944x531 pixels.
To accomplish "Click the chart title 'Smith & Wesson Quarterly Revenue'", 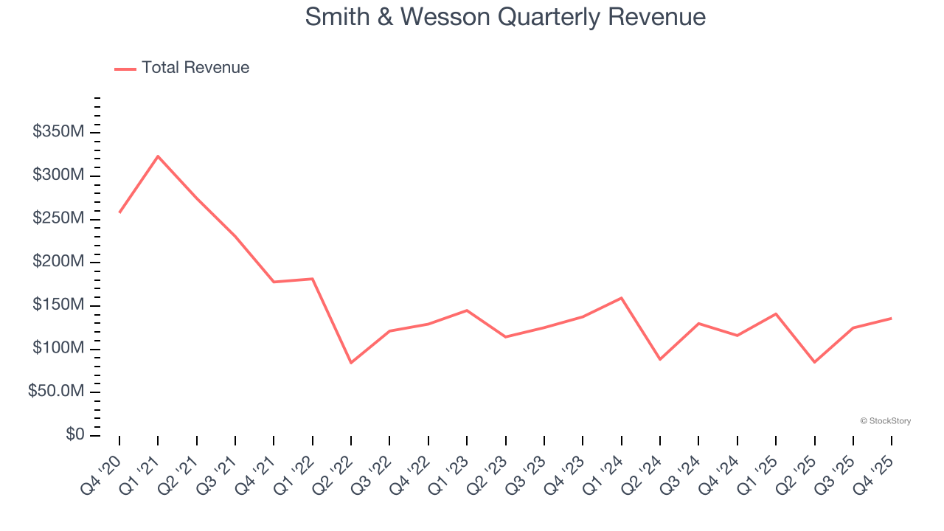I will (x=505, y=17).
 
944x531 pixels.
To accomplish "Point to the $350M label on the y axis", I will (x=58, y=132).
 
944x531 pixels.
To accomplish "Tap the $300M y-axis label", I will (x=58, y=176).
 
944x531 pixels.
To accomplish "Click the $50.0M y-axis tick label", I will (x=56, y=392).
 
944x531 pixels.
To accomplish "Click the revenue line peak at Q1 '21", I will (x=158, y=156).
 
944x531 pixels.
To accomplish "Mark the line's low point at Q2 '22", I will (x=351, y=363).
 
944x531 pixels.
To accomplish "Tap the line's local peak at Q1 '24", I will (x=621, y=298).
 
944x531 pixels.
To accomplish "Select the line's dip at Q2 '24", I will (x=660, y=359).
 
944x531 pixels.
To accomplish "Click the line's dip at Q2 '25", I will (x=814, y=362).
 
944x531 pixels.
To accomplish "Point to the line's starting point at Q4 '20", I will (x=119, y=212).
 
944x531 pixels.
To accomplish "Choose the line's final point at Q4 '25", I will (x=891, y=319).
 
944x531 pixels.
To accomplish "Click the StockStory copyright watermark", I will (x=885, y=421).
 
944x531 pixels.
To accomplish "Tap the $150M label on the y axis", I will (x=58, y=305).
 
